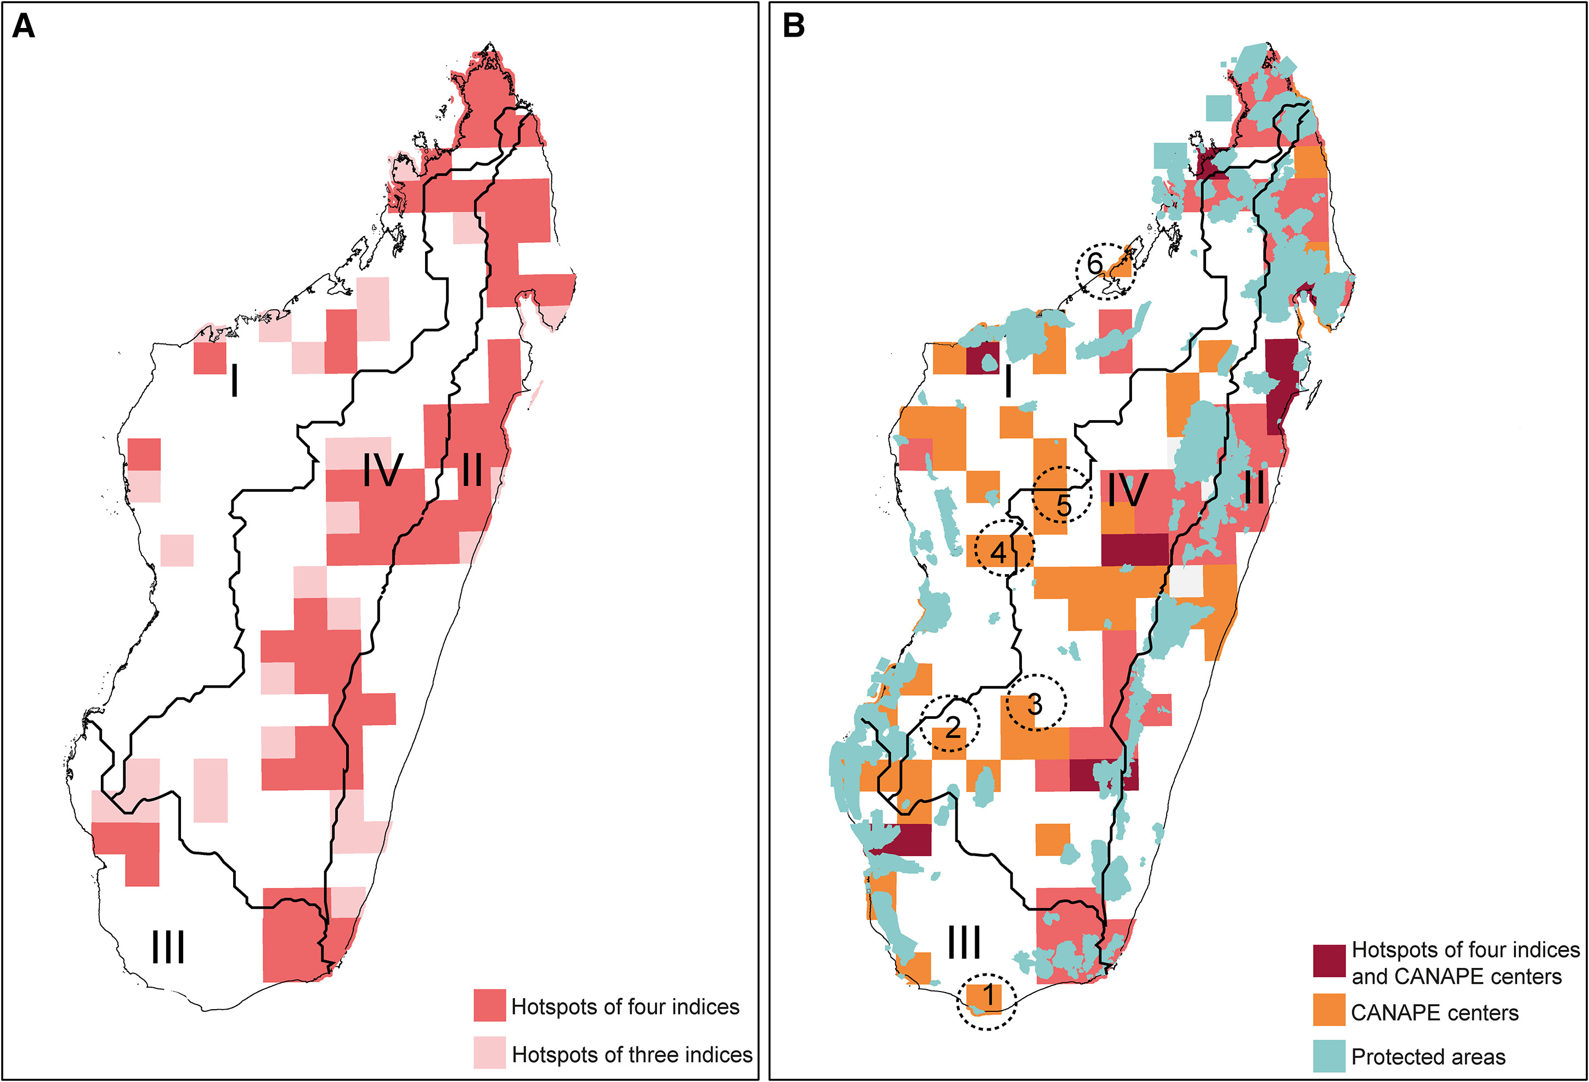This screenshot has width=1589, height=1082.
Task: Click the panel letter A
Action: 23,27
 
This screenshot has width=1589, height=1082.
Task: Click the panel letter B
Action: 793,27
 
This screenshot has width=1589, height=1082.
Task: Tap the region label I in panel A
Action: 235,381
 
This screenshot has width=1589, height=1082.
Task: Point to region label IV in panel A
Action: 382,471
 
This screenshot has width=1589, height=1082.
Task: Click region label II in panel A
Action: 472,471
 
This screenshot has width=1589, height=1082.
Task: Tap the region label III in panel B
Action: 964,943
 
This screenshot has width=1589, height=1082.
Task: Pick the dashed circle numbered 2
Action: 949,724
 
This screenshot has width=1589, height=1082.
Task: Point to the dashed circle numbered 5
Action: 1061,495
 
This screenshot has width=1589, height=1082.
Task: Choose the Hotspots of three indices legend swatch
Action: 490,1053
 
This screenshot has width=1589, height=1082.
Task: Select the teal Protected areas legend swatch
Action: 1328,1056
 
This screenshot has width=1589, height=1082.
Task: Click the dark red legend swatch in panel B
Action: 1328,961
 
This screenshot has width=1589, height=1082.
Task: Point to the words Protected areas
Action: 1428,1057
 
